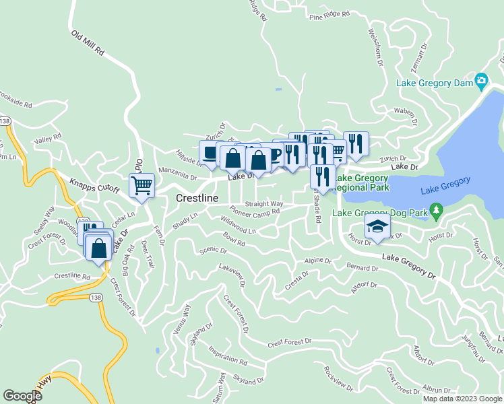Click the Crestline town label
(197, 199)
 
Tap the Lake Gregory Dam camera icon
(481, 81)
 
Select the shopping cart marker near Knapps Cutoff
(142, 185)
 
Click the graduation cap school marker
(377, 228)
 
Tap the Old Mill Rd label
(88, 42)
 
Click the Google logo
(22, 396)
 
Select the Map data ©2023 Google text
(462, 399)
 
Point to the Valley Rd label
(47, 139)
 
